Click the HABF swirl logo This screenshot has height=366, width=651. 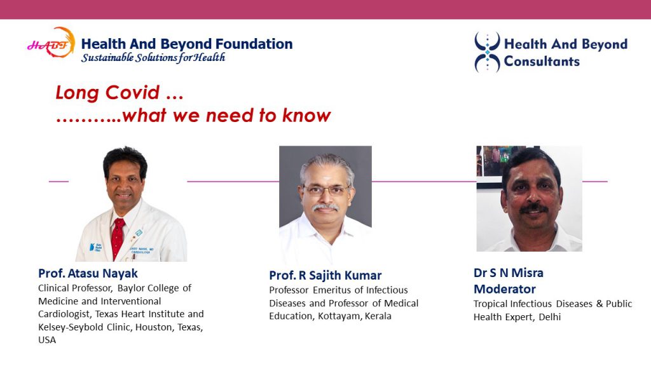click(51, 43)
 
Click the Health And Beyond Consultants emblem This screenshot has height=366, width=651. click(487, 52)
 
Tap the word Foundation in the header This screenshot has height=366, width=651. click(254, 44)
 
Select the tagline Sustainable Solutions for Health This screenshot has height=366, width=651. click(153, 57)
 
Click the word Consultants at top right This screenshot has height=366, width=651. click(542, 62)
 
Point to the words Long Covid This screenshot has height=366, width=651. click(107, 92)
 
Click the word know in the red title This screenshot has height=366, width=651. click(306, 116)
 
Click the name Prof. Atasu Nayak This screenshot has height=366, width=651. click(88, 273)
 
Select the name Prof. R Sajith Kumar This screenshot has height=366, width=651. click(325, 275)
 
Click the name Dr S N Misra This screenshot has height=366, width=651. click(508, 273)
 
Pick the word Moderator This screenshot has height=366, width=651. click(504, 289)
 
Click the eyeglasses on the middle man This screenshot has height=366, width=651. click(326, 191)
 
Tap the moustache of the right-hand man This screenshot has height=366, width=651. click(533, 208)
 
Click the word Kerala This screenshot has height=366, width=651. click(378, 316)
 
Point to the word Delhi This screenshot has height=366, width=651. click(550, 317)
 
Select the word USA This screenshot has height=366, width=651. click(47, 340)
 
